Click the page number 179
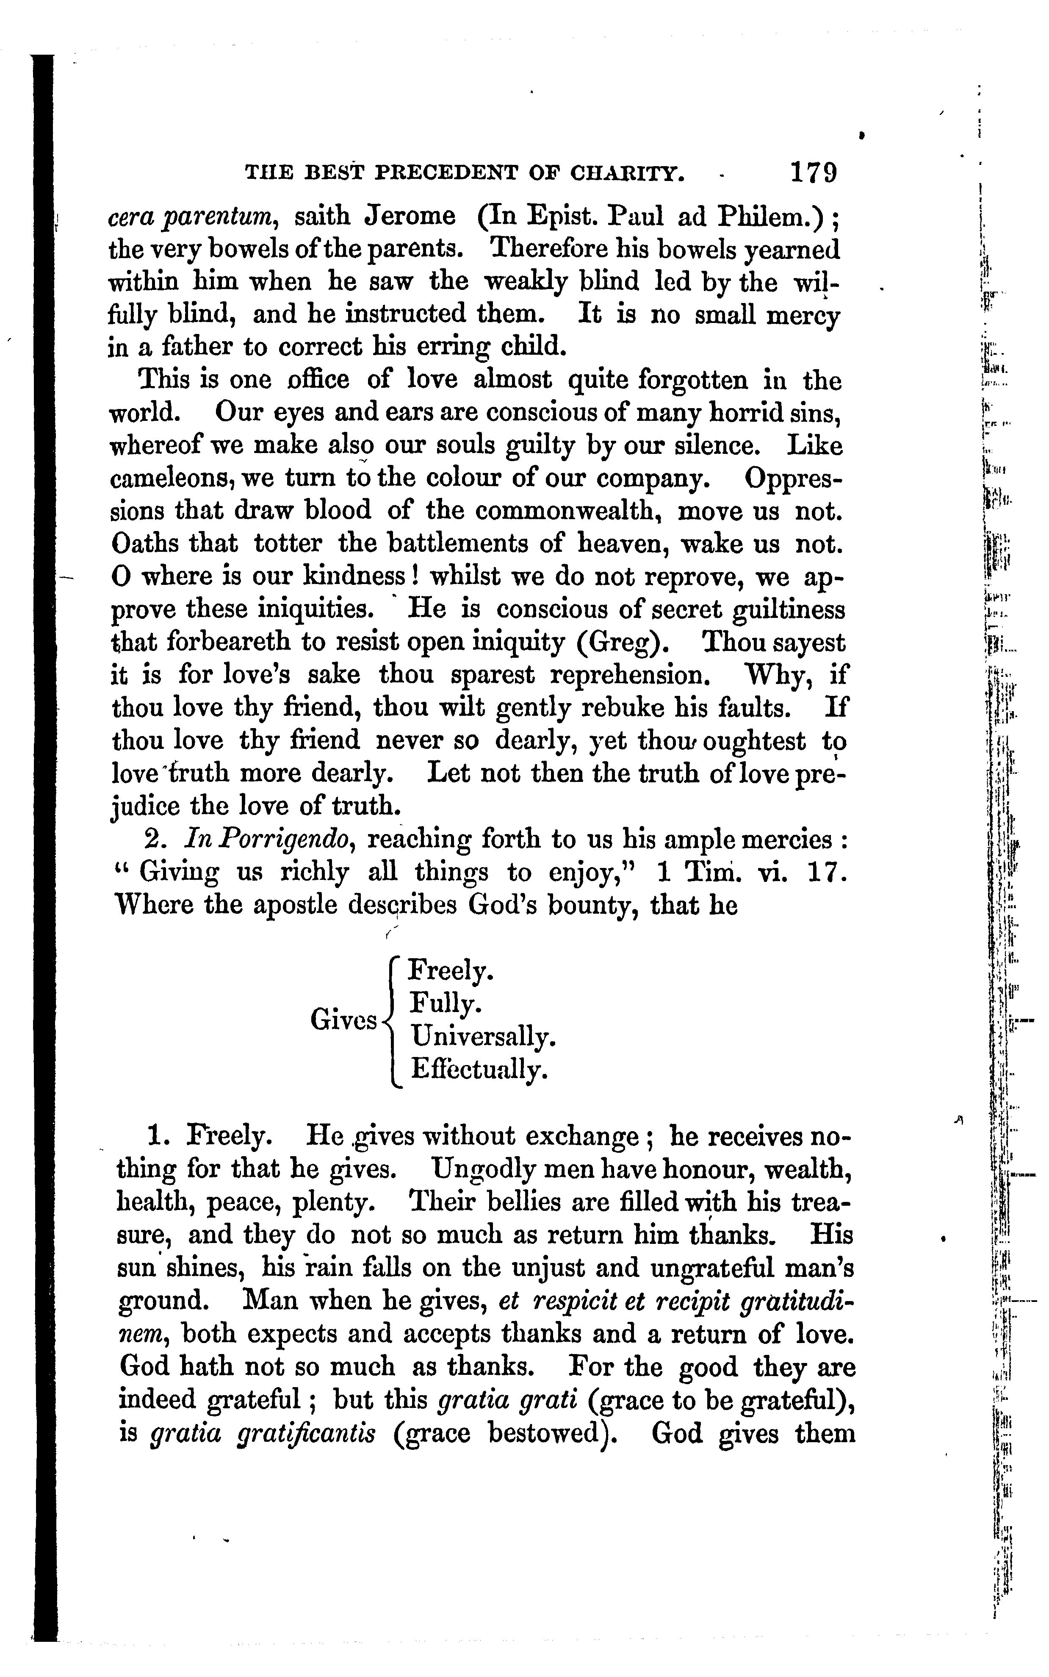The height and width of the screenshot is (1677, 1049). pos(814,172)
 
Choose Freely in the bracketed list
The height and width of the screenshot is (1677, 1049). pos(451,971)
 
